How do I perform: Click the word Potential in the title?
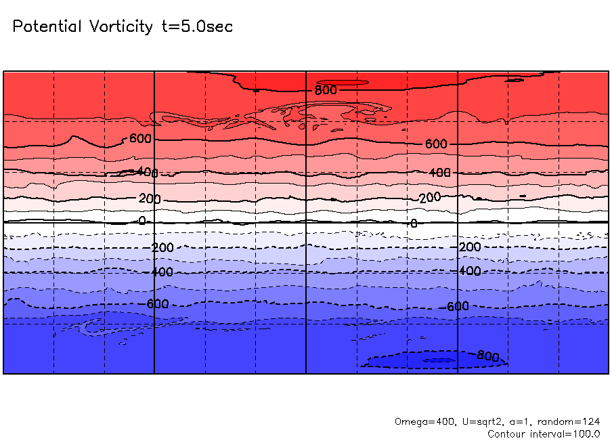click(x=47, y=27)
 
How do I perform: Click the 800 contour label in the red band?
click(x=325, y=89)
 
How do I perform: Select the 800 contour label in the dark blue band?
click(x=488, y=355)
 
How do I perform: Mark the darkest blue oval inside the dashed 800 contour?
click(x=438, y=360)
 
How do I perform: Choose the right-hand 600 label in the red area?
click(x=437, y=144)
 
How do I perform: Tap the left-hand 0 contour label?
click(x=141, y=221)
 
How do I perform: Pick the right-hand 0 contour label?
click(x=414, y=223)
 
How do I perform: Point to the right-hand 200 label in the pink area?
click(x=429, y=197)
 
